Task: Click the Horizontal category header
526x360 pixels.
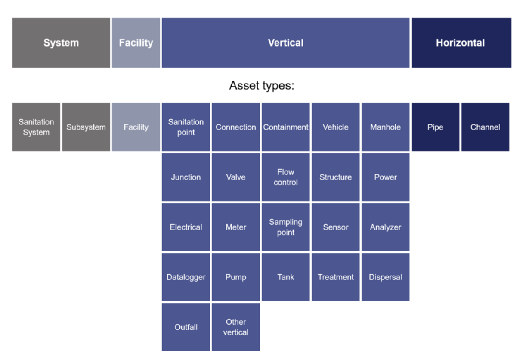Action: click(461, 43)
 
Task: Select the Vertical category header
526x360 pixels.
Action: click(285, 43)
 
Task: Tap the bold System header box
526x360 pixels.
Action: click(61, 43)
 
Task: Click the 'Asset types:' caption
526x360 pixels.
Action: click(262, 85)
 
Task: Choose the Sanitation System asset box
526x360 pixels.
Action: click(36, 127)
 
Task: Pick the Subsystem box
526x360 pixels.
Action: click(86, 127)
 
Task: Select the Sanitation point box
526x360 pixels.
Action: click(186, 127)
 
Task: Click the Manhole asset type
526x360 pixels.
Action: click(385, 127)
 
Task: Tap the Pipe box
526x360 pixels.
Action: click(435, 127)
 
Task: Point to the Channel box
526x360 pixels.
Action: click(485, 127)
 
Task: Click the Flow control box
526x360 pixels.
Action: click(285, 177)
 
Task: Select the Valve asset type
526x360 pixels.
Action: click(236, 177)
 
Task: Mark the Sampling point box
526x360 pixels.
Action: click(285, 227)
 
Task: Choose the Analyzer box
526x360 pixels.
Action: click(385, 227)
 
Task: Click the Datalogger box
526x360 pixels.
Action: click(186, 277)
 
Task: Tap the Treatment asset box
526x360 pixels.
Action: click(336, 277)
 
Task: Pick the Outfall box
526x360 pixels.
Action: click(186, 327)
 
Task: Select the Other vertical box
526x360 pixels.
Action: click(236, 327)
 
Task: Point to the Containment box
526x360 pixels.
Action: click(285, 127)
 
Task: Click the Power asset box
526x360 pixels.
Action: click(385, 177)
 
